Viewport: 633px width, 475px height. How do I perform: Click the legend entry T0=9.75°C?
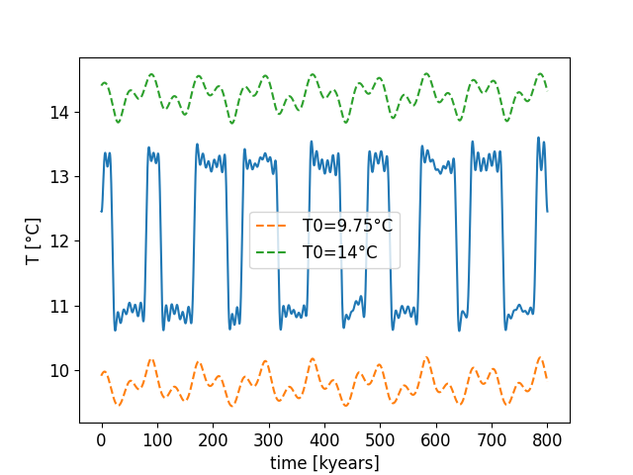[x=346, y=226]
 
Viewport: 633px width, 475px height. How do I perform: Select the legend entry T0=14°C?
[x=339, y=252]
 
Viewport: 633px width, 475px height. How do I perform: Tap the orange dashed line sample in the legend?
[x=271, y=226]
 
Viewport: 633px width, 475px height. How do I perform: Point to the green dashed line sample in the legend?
[x=271, y=252]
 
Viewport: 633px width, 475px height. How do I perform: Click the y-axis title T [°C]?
[x=32, y=241]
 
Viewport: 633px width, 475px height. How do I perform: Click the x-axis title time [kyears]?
[x=324, y=462]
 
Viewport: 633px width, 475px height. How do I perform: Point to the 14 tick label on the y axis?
[x=60, y=113]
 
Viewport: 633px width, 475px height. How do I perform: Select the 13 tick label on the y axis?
[x=60, y=177]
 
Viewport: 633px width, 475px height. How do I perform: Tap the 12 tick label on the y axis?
[x=60, y=241]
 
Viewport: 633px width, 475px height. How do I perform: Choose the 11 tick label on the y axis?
[x=60, y=306]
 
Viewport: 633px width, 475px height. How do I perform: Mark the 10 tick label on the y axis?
[x=60, y=370]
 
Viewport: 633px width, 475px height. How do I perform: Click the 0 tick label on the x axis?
[x=102, y=437]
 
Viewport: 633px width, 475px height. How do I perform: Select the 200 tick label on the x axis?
[x=213, y=437]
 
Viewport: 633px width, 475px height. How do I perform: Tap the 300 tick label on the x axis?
[x=269, y=437]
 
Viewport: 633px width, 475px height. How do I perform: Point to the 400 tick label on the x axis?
[x=324, y=437]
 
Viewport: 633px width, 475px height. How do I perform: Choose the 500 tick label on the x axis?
[x=380, y=437]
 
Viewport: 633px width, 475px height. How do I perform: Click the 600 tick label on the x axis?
[x=436, y=437]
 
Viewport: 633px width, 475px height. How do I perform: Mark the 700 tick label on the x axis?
[x=492, y=437]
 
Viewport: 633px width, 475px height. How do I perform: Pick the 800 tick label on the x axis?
[x=547, y=437]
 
